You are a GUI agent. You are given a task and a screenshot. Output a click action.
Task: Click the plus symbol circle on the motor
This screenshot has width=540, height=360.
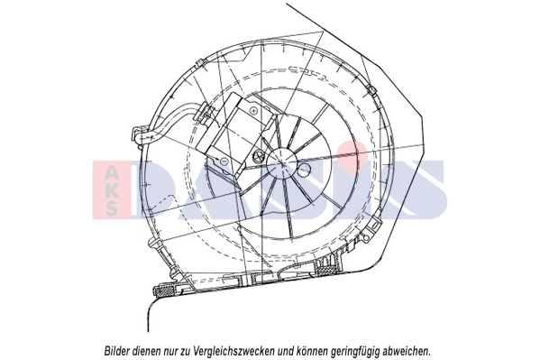pos(254,110)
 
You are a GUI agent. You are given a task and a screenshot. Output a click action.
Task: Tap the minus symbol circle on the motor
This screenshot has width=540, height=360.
pos(224,161)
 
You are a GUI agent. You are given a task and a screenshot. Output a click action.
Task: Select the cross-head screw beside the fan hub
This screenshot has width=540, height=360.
pos(258,156)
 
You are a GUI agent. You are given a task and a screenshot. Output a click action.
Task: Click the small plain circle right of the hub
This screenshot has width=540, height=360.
pos(305,168)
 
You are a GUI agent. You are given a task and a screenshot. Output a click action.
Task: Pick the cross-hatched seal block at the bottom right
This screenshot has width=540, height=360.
pos(327,264)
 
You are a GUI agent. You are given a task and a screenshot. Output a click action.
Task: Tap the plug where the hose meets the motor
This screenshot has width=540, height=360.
pos(203,113)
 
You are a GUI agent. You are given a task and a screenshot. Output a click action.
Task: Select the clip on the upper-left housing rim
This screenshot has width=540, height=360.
pos(200,63)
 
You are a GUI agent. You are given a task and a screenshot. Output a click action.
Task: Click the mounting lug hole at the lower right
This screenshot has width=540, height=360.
pos(368,237)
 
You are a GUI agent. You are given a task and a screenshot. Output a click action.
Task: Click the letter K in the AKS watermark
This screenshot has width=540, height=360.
pos(112,189)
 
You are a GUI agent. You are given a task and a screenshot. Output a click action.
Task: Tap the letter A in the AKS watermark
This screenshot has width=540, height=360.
pos(112,171)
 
